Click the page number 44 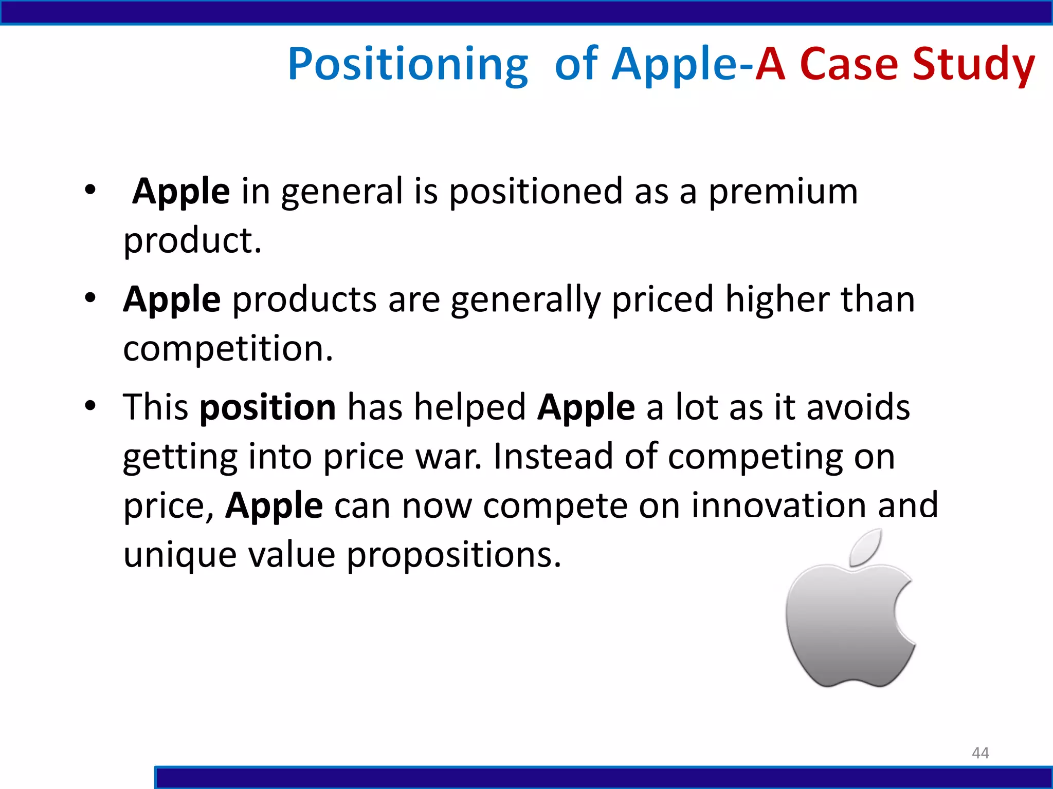point(980,753)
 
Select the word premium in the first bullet point(783,192)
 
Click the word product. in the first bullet point(192,240)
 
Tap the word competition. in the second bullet point(228,349)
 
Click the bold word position point(267,407)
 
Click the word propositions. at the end point(453,555)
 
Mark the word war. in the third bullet point(448,457)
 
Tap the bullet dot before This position point(90,406)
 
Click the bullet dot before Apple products point(90,298)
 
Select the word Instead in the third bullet point(553,457)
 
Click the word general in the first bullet point(342,192)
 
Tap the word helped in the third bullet point(469,407)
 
